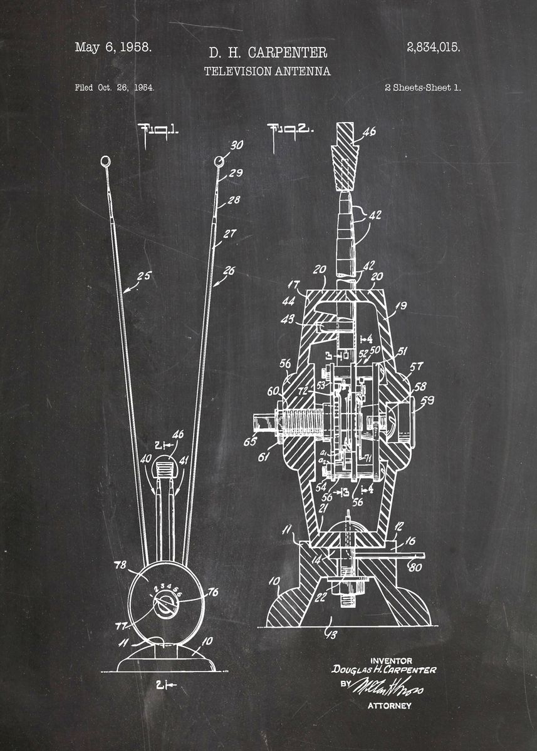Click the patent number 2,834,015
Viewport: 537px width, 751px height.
(x=433, y=47)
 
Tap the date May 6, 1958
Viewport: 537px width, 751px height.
(x=113, y=47)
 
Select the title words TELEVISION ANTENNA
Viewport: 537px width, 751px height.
(x=268, y=71)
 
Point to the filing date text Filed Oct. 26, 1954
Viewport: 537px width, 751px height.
(x=115, y=88)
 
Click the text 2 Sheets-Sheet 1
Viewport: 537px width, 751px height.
(x=422, y=88)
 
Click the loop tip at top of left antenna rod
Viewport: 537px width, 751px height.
(x=105, y=161)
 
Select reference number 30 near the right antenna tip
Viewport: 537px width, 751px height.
(x=236, y=145)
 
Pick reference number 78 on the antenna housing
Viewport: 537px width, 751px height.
(x=120, y=564)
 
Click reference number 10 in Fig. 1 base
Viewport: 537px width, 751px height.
(x=207, y=640)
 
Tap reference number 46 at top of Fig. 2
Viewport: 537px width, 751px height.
(x=370, y=131)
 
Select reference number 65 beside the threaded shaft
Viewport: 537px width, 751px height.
(x=250, y=442)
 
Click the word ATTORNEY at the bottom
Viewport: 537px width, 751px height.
(x=389, y=706)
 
